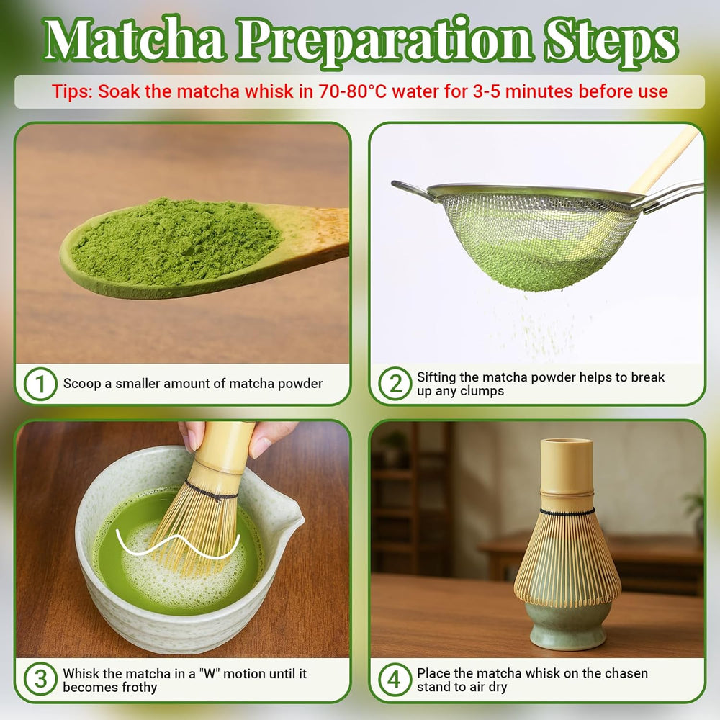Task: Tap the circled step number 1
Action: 40,384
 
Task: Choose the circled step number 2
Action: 395,384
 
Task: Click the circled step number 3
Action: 40,680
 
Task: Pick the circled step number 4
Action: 395,680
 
